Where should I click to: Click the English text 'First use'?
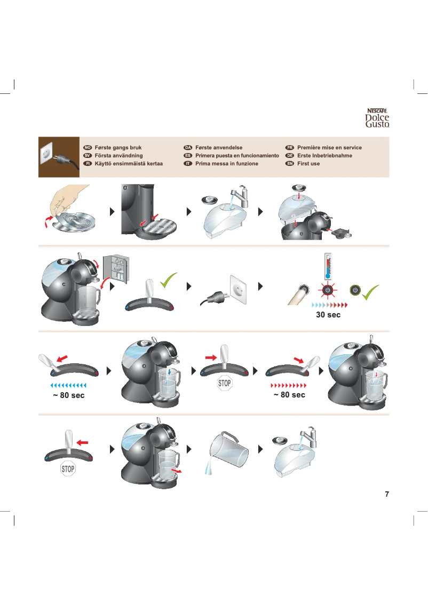(x=308, y=164)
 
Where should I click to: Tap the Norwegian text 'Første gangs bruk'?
(x=118, y=148)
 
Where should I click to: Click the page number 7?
(x=387, y=494)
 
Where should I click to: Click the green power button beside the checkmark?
(x=354, y=290)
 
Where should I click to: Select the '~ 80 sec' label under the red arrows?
(x=289, y=395)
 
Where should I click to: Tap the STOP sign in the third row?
(x=225, y=383)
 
